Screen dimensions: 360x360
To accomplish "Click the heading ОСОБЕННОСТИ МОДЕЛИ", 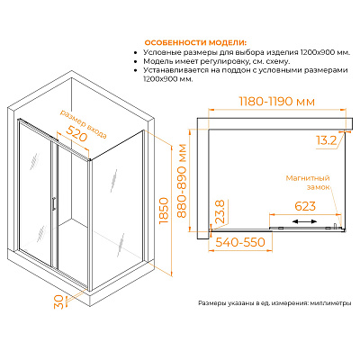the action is (196, 41).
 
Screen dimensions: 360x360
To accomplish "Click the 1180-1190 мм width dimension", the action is (277, 102).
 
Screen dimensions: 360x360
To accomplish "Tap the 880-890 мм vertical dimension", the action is (182, 181).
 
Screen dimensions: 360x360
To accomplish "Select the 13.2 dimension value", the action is (328, 140).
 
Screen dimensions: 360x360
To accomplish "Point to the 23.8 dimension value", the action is (220, 212).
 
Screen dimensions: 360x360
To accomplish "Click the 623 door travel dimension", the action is (305, 206).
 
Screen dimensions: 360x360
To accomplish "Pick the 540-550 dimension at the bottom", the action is (240, 242).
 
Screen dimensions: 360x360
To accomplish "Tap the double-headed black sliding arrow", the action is (304, 221).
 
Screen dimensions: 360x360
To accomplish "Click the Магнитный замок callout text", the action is (308, 183).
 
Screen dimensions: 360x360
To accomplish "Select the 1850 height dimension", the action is (165, 211).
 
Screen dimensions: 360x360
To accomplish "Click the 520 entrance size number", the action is (76, 133).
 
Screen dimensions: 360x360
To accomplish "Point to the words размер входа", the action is (84, 124).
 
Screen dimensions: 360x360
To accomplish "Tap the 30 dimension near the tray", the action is (58, 301).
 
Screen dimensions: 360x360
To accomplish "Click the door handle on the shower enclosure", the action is (53, 203).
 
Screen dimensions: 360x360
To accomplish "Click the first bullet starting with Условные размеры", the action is (247, 52).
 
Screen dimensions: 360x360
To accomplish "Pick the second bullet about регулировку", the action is (217, 61).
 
